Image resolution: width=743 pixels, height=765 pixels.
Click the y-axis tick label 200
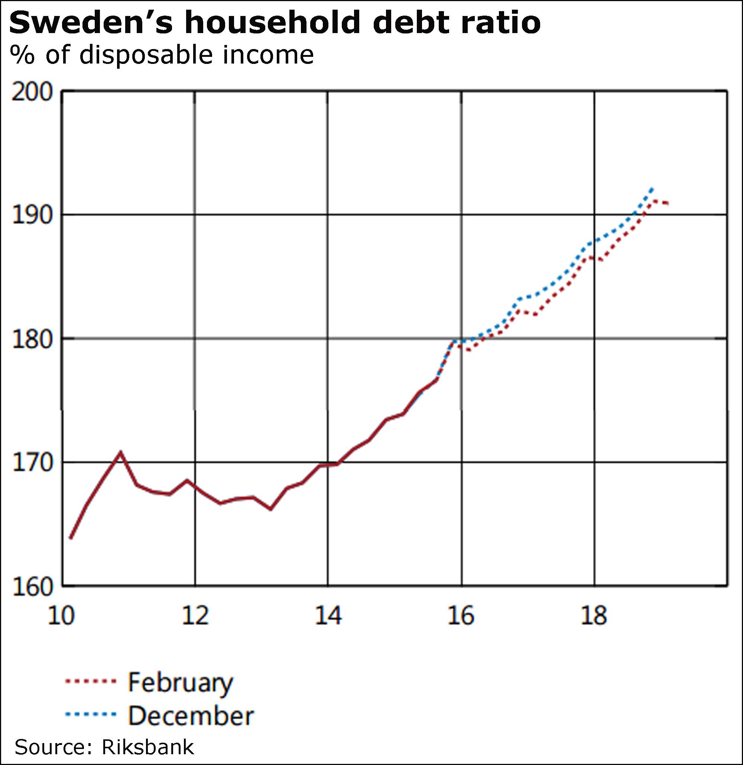pos(32,93)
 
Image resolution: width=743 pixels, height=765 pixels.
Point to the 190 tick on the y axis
pos(32,215)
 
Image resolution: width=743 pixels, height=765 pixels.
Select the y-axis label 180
pos(32,339)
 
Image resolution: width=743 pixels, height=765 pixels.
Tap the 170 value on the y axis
pos(32,463)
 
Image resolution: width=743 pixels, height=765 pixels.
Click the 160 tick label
pos(32,586)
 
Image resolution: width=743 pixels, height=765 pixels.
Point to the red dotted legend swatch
pos(91,681)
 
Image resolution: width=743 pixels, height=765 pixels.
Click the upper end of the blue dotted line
pos(652,188)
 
